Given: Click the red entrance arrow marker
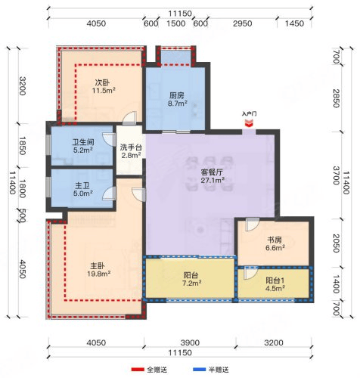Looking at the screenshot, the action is pyautogui.click(x=249, y=123).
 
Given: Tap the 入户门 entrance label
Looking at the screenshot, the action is pyautogui.click(x=249, y=114).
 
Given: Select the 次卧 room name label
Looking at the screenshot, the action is pyautogui.click(x=102, y=82).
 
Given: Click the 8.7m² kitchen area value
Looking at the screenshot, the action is pyautogui.click(x=178, y=104).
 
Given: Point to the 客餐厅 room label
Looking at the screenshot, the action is pyautogui.click(x=212, y=172).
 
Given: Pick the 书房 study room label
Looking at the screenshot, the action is pyautogui.click(x=275, y=240).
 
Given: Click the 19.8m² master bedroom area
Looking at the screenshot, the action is pyautogui.click(x=99, y=274).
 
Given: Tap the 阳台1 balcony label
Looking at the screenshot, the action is pyautogui.click(x=275, y=280).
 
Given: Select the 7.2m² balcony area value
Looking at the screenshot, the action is pyautogui.click(x=192, y=283).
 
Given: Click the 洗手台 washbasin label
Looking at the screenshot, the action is pyautogui.click(x=131, y=147).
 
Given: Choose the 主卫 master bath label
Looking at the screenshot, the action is pyautogui.click(x=82, y=186).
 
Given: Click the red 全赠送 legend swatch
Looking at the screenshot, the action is pyautogui.click(x=138, y=370).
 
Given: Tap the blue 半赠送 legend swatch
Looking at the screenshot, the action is pyautogui.click(x=200, y=370).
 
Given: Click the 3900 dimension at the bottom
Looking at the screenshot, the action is pyautogui.click(x=190, y=342).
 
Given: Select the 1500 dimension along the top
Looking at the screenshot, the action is pyautogui.click(x=176, y=23).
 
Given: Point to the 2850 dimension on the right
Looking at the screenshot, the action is pyautogui.click(x=336, y=98).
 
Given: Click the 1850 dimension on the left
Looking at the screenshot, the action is pyautogui.click(x=23, y=146).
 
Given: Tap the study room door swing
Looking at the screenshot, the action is pyautogui.click(x=253, y=225).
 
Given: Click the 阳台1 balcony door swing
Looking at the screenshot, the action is pyautogui.click(x=250, y=273).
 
